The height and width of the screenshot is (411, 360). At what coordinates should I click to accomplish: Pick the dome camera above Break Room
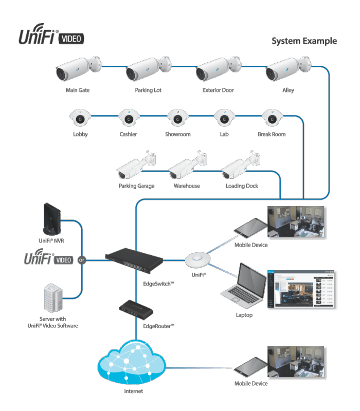click(271, 118)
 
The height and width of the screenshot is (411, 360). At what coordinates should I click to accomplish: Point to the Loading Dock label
click(242, 186)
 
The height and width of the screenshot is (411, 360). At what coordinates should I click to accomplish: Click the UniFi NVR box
click(53, 220)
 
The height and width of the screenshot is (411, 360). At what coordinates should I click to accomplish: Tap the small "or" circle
click(81, 260)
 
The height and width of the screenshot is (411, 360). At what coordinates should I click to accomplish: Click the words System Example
click(304, 41)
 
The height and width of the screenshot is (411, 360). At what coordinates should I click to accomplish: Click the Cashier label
click(128, 135)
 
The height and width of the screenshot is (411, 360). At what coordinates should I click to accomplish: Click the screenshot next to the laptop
click(301, 290)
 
